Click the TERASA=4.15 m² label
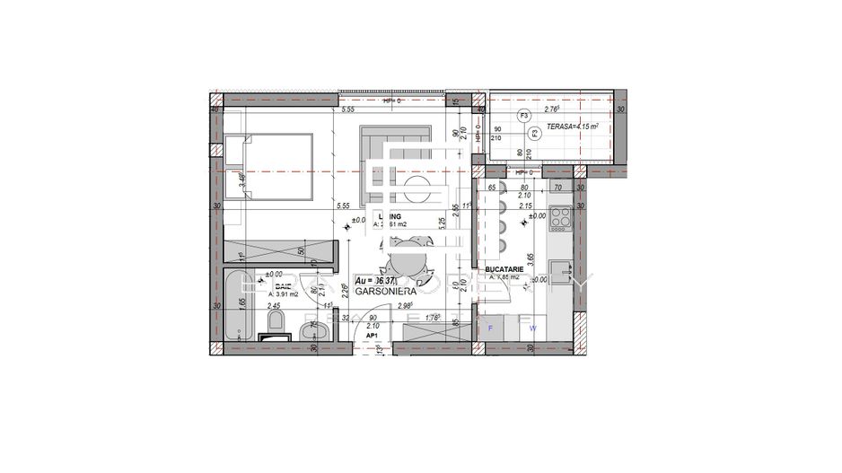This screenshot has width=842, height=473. [575, 127]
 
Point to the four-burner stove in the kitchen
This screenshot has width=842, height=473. [560, 217]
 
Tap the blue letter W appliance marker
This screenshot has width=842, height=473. [532, 328]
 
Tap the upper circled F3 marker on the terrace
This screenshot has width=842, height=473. [523, 115]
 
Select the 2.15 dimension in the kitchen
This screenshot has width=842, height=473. [539, 206]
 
